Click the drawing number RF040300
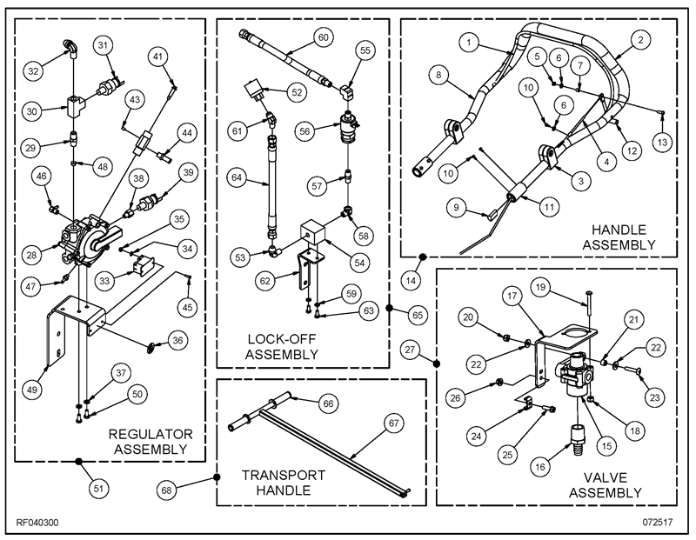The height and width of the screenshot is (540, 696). coord(37,523)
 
